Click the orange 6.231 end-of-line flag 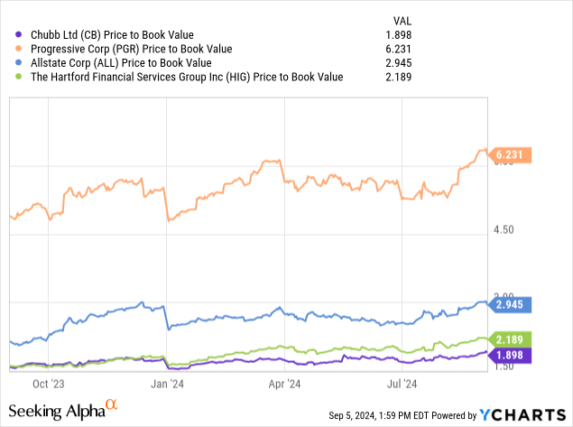click(x=513, y=155)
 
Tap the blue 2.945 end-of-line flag click(x=513, y=307)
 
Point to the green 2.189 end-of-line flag click(x=513, y=340)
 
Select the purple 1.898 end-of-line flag click(x=513, y=356)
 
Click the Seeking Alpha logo click(x=62, y=411)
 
